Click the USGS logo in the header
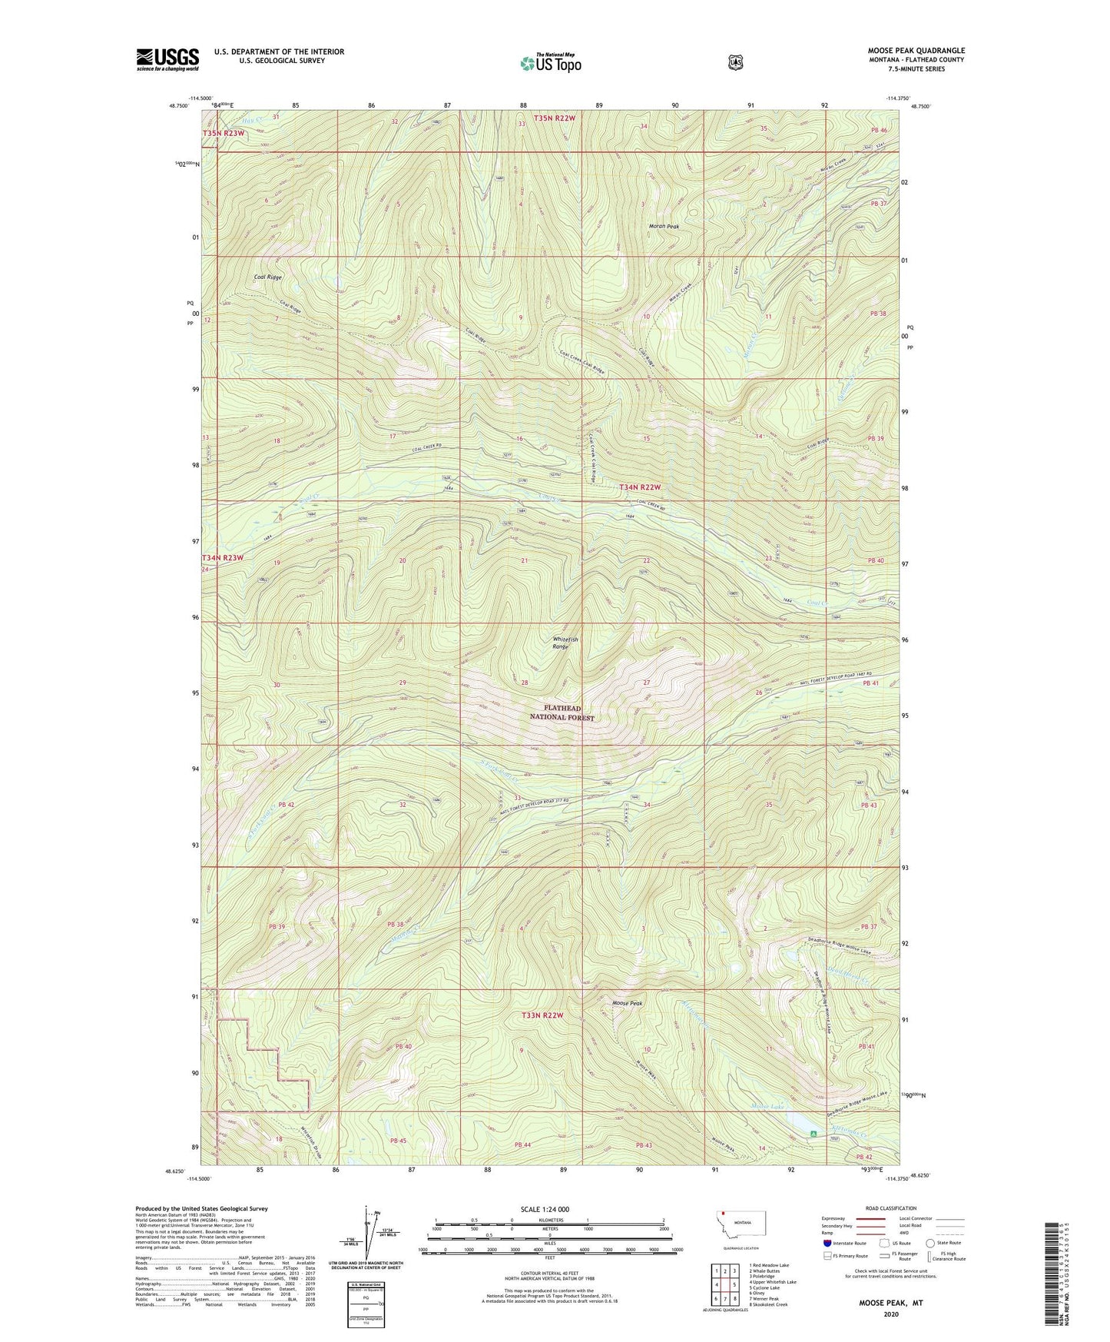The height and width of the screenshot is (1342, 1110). pyautogui.click(x=167, y=59)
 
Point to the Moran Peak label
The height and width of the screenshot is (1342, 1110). pyautogui.click(x=664, y=227)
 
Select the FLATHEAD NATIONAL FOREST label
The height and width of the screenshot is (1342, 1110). pyautogui.click(x=562, y=713)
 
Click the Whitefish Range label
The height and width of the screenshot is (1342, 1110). pyautogui.click(x=565, y=643)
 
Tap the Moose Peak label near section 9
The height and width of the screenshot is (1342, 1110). pyautogui.click(x=626, y=1004)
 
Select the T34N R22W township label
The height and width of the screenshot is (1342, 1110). pyautogui.click(x=640, y=487)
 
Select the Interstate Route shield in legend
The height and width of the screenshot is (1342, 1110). pyautogui.click(x=827, y=1243)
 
